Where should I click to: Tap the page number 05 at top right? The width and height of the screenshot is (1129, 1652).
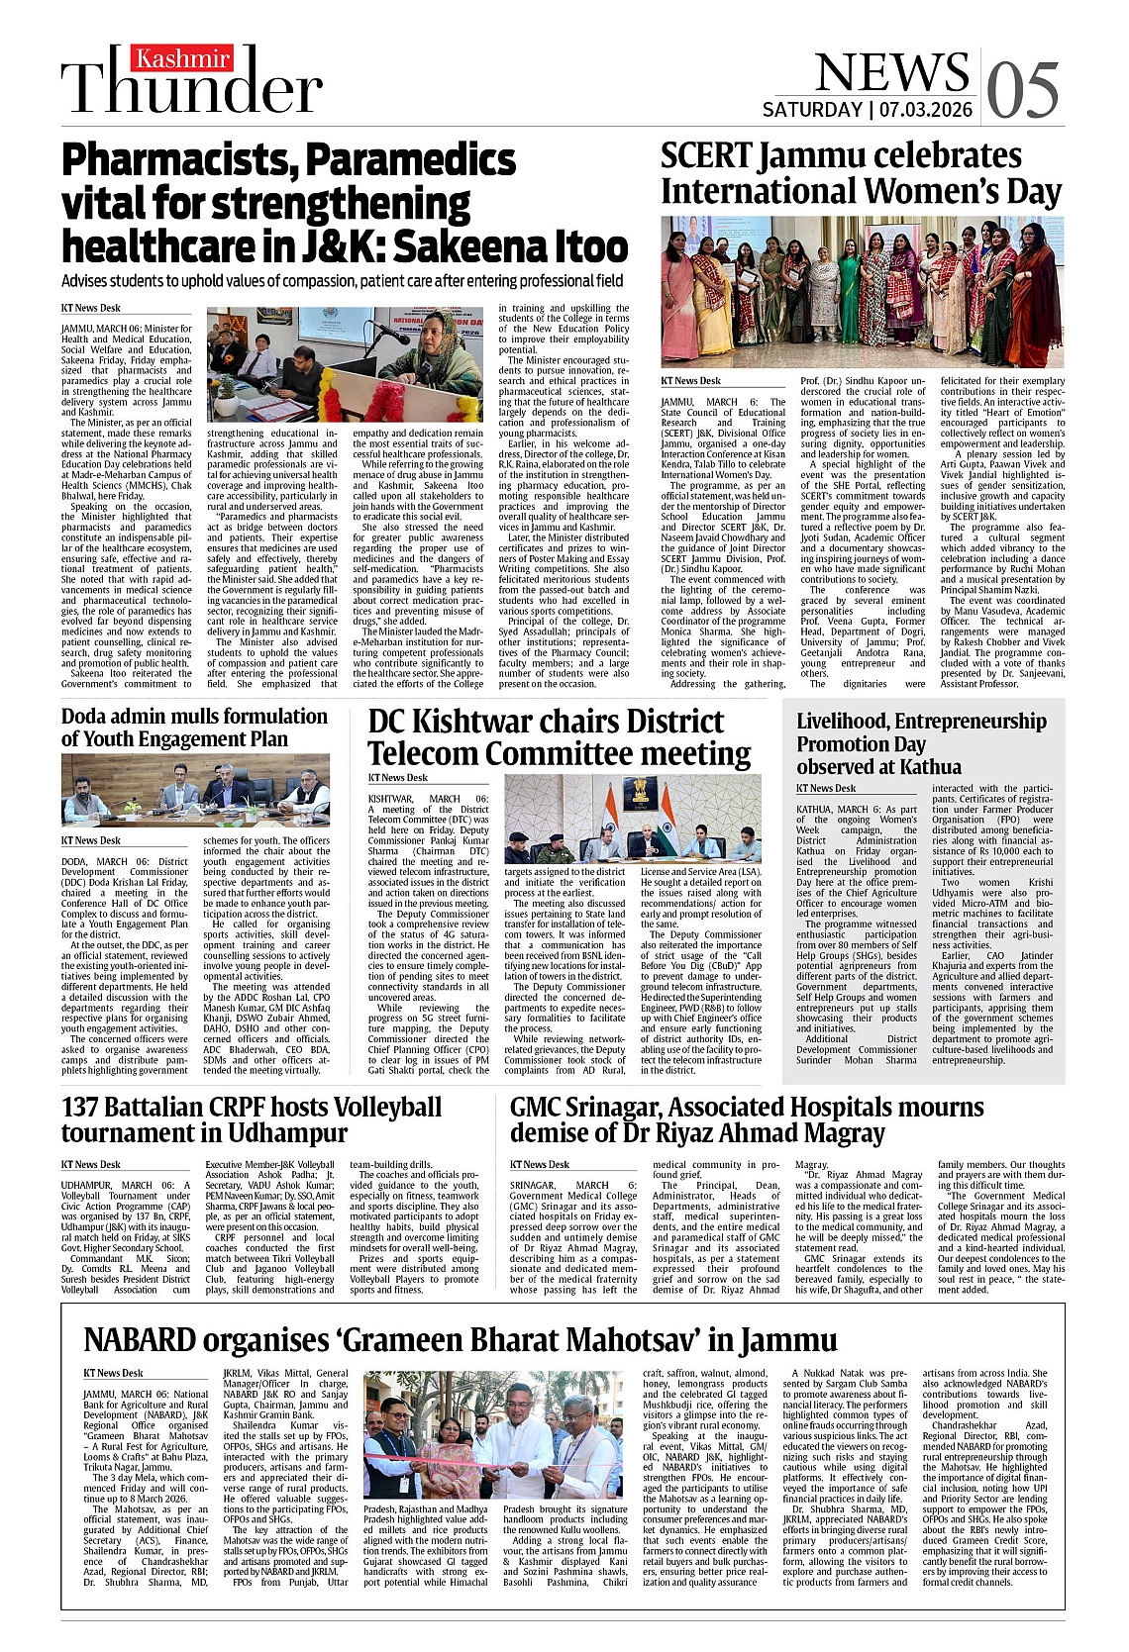[x=1022, y=90]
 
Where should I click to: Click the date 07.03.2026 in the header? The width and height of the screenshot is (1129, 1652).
[x=925, y=109]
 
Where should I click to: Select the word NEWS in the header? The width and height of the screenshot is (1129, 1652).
[x=891, y=71]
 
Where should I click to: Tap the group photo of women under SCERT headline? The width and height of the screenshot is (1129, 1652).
[x=862, y=292]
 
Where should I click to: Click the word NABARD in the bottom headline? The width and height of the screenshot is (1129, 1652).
[x=139, y=1340]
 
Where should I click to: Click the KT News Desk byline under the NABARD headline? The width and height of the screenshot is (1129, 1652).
[x=114, y=1373]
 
